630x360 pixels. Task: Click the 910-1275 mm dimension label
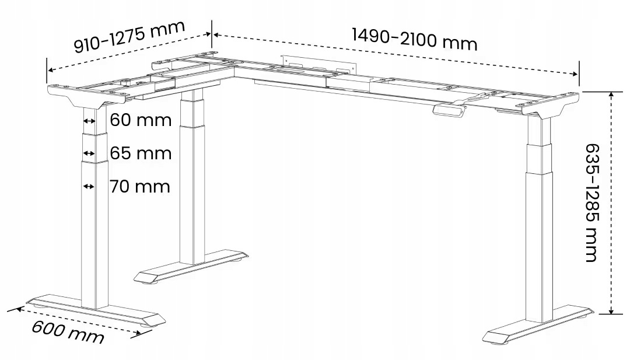click(x=129, y=36)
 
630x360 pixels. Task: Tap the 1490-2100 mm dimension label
click(x=415, y=39)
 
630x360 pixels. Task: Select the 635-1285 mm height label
click(x=591, y=203)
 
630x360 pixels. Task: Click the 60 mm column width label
click(x=141, y=120)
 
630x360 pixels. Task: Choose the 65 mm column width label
click(x=141, y=153)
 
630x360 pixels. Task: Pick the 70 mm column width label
click(x=140, y=187)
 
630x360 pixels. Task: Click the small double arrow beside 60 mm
click(x=89, y=121)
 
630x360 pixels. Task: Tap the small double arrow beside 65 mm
click(x=89, y=153)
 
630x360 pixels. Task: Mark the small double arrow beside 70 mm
click(x=89, y=187)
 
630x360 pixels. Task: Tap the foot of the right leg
click(x=538, y=326)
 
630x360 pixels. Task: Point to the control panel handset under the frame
click(x=449, y=110)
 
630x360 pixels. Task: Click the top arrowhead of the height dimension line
click(x=611, y=95)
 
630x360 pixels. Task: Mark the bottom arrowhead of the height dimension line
click(x=611, y=310)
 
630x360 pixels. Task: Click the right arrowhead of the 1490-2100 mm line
click(x=575, y=74)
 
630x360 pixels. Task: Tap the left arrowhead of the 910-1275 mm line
click(x=51, y=70)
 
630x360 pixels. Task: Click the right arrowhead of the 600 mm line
click(x=138, y=332)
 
